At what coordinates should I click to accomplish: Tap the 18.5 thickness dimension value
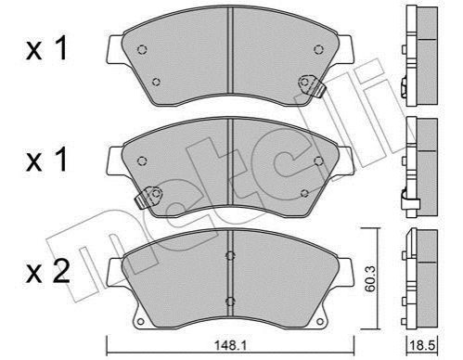click(x=421, y=345)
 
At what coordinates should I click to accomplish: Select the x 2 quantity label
click(x=48, y=271)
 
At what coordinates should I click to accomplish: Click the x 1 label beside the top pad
click(x=47, y=48)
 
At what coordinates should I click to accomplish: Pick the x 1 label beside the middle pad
click(x=47, y=160)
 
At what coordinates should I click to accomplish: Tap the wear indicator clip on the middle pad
click(x=148, y=198)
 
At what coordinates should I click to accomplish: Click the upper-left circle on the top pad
click(x=142, y=49)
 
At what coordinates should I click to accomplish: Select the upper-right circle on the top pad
click(x=318, y=49)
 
